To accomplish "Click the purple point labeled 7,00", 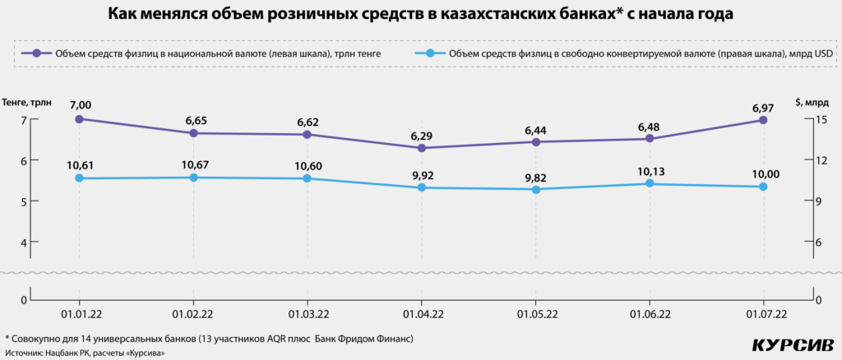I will pyautogui.click(x=79, y=119).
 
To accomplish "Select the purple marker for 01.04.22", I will pyautogui.click(x=422, y=148).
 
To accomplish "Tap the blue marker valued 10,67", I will pyautogui.click(x=193, y=178).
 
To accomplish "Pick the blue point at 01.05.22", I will pyautogui.click(x=535, y=190).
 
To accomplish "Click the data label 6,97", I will pyautogui.click(x=763, y=105).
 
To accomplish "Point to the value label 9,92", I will pyautogui.click(x=422, y=173).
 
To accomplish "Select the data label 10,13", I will pyautogui.click(x=650, y=169).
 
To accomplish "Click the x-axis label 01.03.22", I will pyautogui.click(x=308, y=313).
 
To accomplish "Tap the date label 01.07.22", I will pyautogui.click(x=763, y=313).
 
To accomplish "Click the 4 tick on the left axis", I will pyautogui.click(x=23, y=242).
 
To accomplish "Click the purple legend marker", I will pyautogui.click(x=37, y=53).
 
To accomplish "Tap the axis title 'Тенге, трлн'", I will pyautogui.click(x=27, y=102).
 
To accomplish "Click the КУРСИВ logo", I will pyautogui.click(x=794, y=344).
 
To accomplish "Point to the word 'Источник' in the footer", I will pyautogui.click(x=25, y=353).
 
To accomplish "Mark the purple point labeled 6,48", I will pyautogui.click(x=650, y=138).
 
